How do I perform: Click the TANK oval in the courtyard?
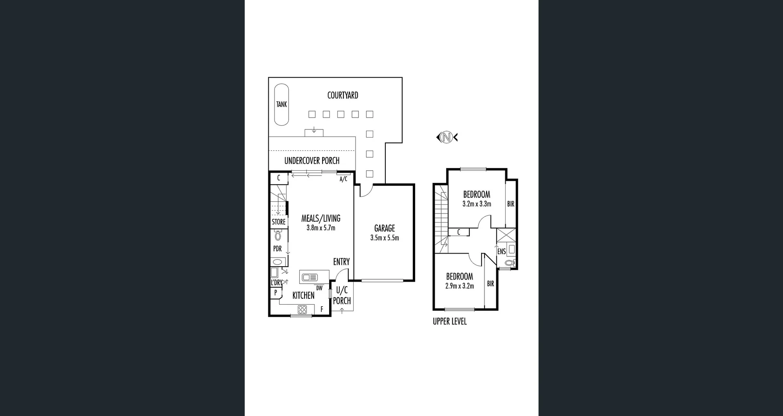[281, 105]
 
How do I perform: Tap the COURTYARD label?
[343, 96]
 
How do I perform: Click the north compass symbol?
[447, 137]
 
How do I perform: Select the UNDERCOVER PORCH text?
[312, 160]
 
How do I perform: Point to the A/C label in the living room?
[343, 179]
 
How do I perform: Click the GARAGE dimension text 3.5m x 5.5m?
[385, 238]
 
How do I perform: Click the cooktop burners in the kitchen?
[302, 309]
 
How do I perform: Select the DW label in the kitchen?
[319, 288]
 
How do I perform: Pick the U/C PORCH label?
[342, 296]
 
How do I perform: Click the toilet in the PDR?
[278, 236]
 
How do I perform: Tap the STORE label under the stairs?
[279, 222]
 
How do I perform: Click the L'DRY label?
[276, 283]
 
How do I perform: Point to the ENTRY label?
[341, 262]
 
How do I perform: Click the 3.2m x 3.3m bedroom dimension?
[477, 204]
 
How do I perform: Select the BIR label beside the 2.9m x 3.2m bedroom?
[491, 284]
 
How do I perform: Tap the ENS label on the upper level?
[501, 252]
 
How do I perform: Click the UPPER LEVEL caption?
[449, 322]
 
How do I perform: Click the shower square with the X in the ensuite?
[506, 236]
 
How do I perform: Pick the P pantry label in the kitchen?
[276, 293]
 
